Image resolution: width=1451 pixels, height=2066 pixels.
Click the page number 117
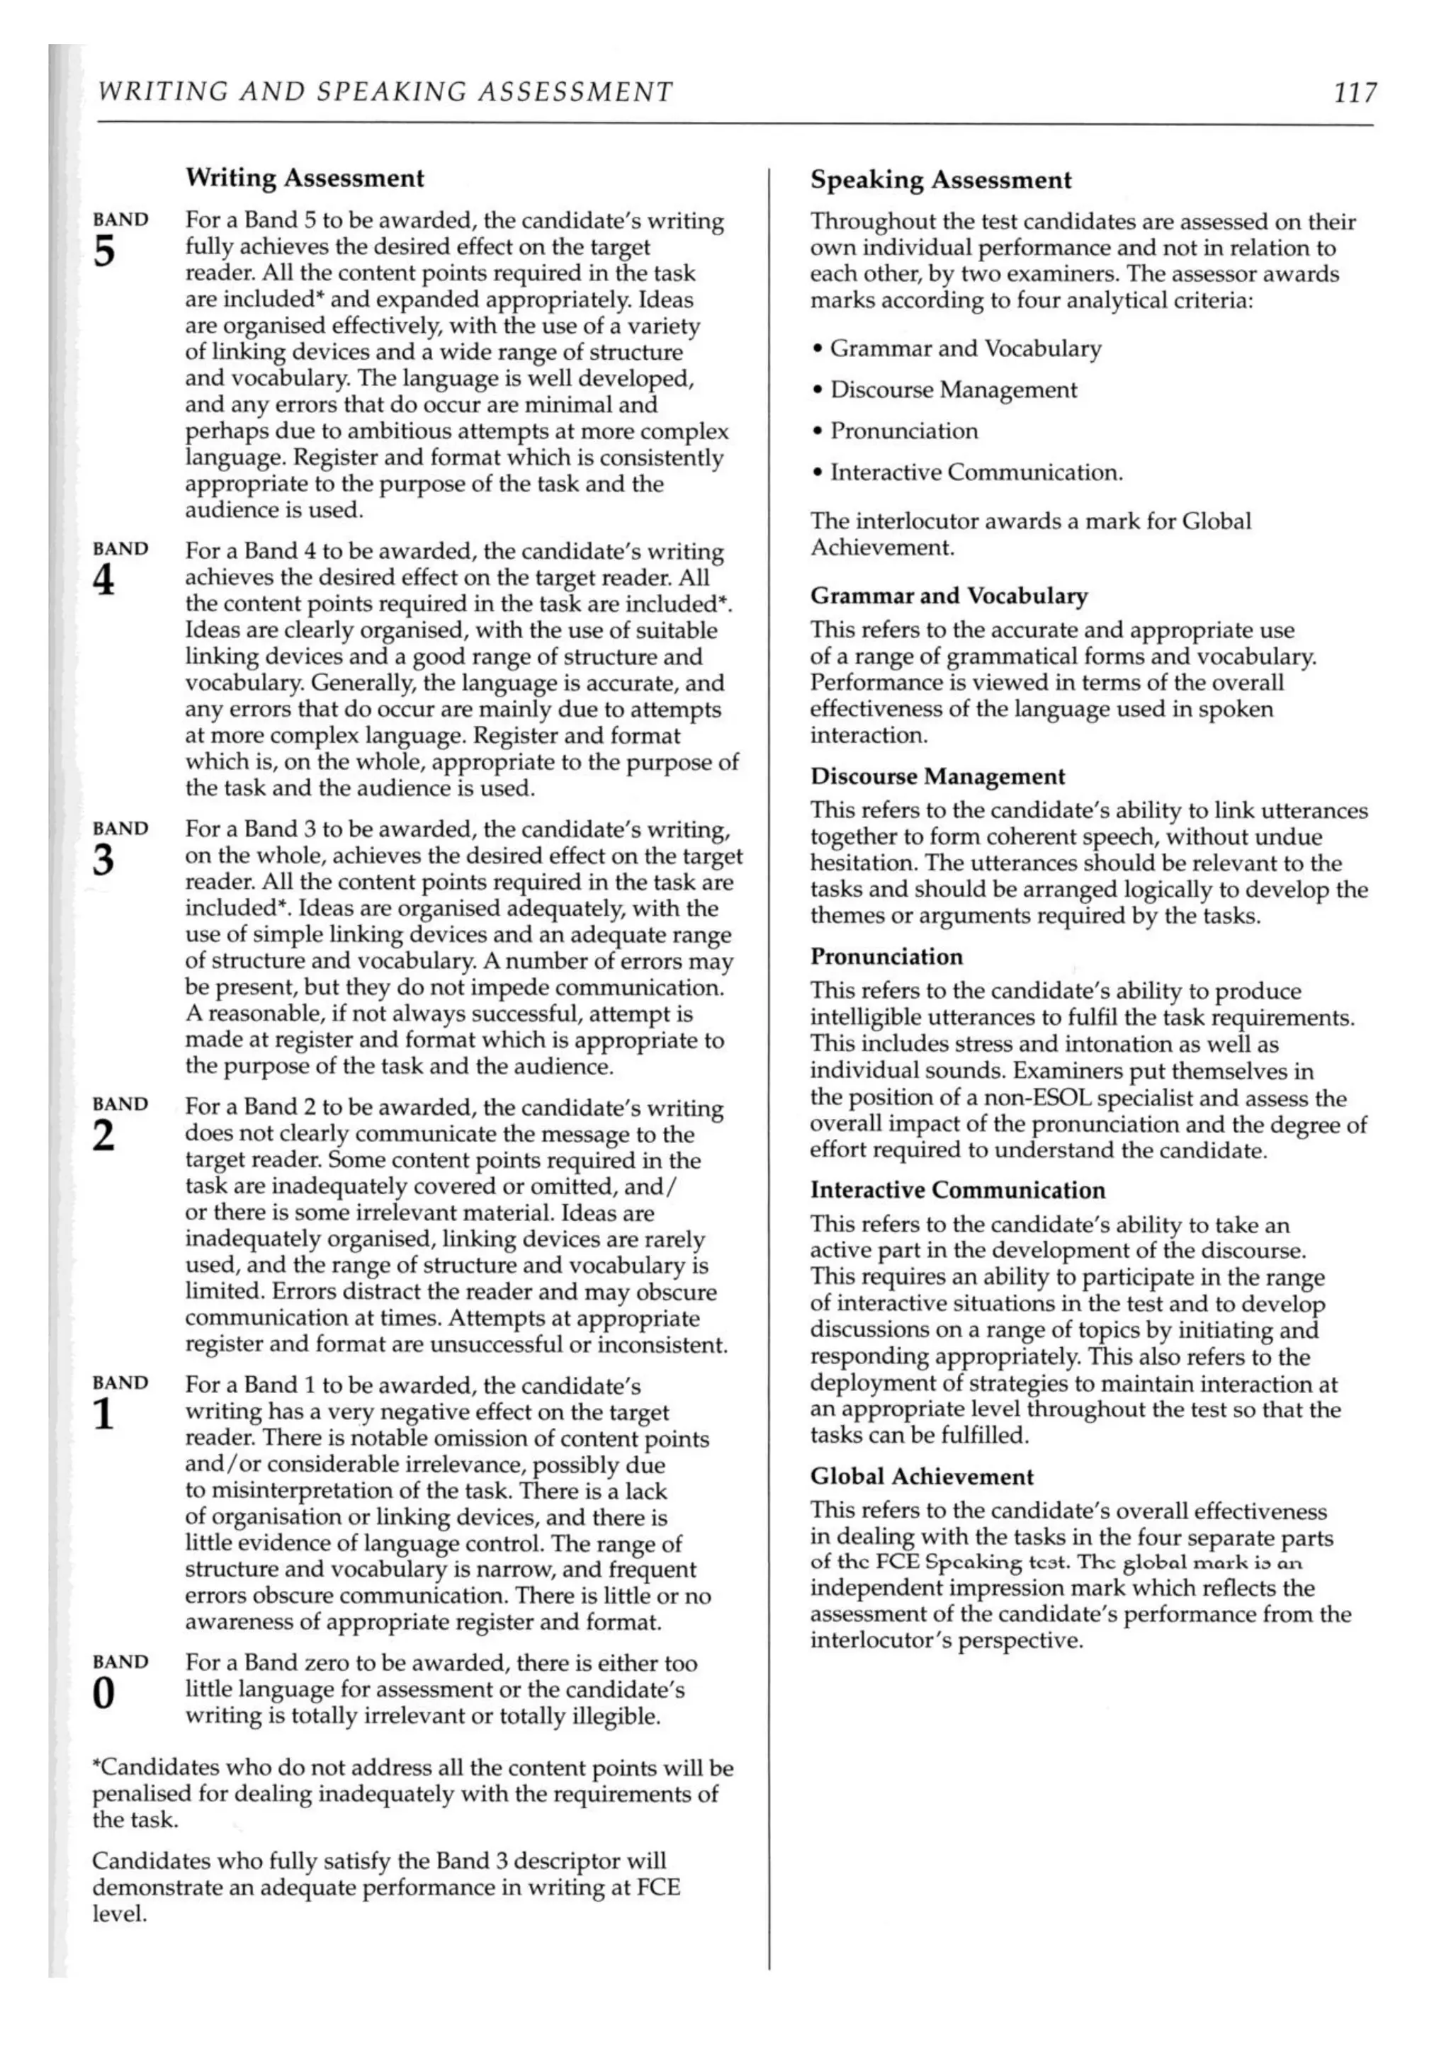point(1354,92)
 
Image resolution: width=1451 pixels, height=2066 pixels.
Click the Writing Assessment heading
point(304,178)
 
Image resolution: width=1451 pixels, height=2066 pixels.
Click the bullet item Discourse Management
point(952,390)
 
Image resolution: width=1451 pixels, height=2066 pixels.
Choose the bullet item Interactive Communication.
point(976,472)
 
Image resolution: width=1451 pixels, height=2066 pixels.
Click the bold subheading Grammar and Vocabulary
point(949,596)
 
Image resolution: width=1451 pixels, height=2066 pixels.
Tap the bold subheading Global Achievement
point(922,1477)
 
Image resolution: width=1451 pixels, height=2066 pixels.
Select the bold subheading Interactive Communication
point(957,1190)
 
